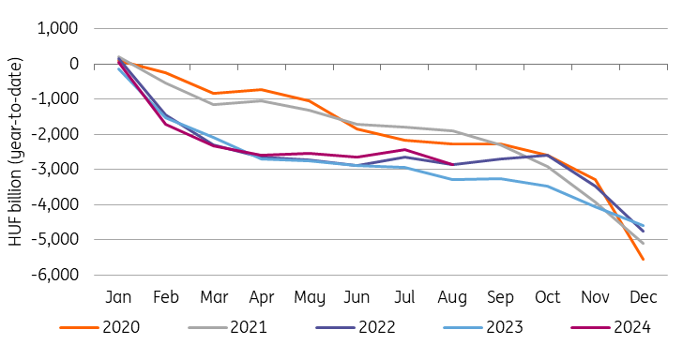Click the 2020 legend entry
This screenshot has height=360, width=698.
(x=99, y=327)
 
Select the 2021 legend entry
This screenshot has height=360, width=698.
(x=227, y=327)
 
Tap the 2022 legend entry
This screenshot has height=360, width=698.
(x=356, y=327)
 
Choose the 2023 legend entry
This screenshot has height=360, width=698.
(x=483, y=327)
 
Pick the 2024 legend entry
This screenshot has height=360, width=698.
(x=611, y=327)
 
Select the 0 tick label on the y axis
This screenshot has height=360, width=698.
(x=74, y=64)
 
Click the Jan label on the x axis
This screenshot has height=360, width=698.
(x=118, y=297)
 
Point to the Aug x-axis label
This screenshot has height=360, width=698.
(x=452, y=298)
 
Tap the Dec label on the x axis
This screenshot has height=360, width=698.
(x=644, y=297)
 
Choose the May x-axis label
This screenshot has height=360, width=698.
(x=310, y=298)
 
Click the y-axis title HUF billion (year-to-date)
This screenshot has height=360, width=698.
(x=15, y=151)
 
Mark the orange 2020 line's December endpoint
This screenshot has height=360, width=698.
(x=644, y=259)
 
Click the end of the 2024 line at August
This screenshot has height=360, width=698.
(x=452, y=164)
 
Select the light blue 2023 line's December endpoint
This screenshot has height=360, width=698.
(x=644, y=226)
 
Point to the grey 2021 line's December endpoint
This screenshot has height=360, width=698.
(x=644, y=244)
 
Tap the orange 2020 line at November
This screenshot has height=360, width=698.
(x=596, y=180)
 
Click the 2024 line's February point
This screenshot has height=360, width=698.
(x=166, y=124)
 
